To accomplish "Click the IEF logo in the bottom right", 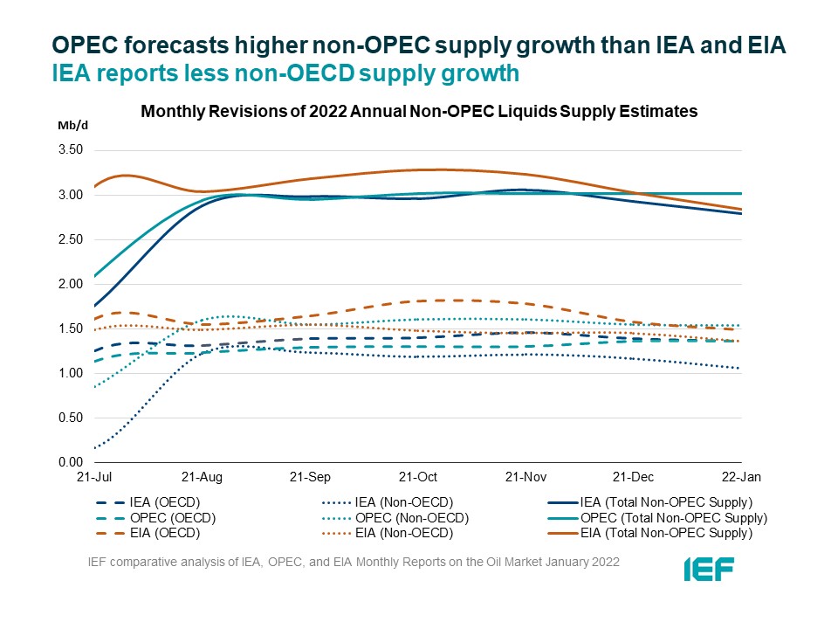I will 708,569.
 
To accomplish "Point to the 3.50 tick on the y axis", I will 71,150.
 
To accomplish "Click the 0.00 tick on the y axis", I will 71,462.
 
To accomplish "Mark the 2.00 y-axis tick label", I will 71,284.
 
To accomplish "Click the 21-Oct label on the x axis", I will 417,478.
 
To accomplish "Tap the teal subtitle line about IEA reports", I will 285,74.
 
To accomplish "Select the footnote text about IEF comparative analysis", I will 354,562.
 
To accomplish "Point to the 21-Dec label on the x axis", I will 633,478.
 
